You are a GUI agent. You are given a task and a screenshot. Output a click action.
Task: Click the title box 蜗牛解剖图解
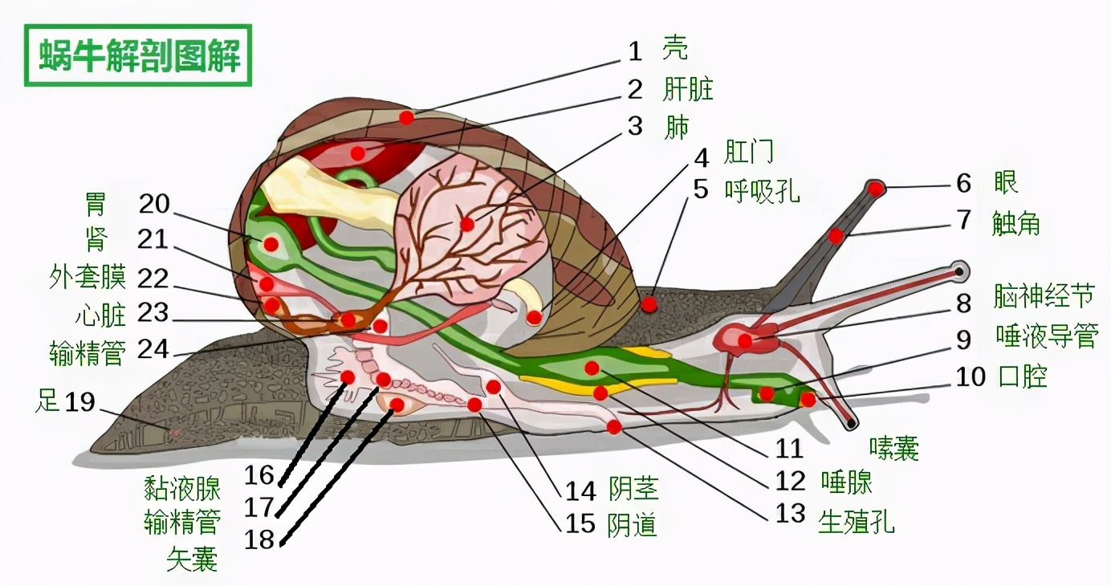pos(138,55)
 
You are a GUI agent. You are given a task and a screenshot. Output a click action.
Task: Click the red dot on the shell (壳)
pos(407,117)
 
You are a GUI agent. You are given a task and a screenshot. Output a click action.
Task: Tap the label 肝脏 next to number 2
pos(688,88)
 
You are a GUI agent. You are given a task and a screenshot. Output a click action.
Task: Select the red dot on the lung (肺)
pos(467,224)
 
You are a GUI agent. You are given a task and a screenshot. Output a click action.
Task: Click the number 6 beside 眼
pos(963,184)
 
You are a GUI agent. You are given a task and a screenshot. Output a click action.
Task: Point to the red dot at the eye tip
pos(876,189)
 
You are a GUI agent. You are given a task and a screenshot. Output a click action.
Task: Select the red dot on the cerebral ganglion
pos(745,340)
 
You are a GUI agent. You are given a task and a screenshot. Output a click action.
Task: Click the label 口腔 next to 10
pos(1023,375)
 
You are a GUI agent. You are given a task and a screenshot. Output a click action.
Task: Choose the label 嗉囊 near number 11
pos(893,449)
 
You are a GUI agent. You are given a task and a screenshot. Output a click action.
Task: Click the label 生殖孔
pos(856,523)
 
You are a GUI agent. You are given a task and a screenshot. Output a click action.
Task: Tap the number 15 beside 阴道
pos(580,523)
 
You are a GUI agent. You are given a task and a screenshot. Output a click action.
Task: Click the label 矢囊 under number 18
pos(192,557)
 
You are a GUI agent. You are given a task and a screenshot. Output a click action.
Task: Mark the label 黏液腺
pos(182,486)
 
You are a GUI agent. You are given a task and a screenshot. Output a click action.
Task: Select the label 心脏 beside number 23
pos(100,315)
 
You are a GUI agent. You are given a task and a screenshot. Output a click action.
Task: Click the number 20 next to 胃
pos(154,205)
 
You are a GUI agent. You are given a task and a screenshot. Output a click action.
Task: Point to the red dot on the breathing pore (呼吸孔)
pos(649,304)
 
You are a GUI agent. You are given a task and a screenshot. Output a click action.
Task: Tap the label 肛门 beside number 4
pos(748,151)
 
